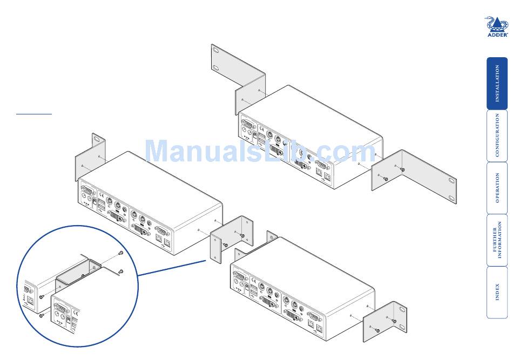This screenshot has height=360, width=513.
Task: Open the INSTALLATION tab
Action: (497, 84)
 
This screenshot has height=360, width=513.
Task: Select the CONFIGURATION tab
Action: (497, 135)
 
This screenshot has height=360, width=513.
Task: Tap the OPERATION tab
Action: (497, 187)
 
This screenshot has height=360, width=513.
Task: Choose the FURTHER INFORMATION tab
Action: (497, 240)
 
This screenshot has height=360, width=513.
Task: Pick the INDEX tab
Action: (497, 292)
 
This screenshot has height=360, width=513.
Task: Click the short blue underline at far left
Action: (33, 114)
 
